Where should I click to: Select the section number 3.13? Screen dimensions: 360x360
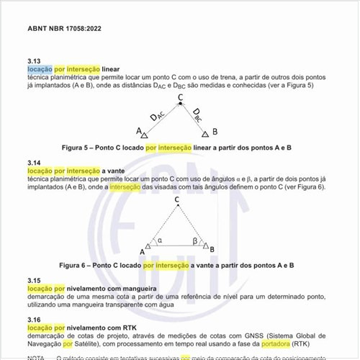[34, 60]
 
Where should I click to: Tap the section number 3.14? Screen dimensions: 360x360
[34, 163]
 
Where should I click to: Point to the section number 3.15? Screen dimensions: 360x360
[34, 279]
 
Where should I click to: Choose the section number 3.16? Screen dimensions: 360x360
[34, 320]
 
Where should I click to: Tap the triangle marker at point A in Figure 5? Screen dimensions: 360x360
[145, 134]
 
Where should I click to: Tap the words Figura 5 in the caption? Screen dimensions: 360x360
[76, 148]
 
